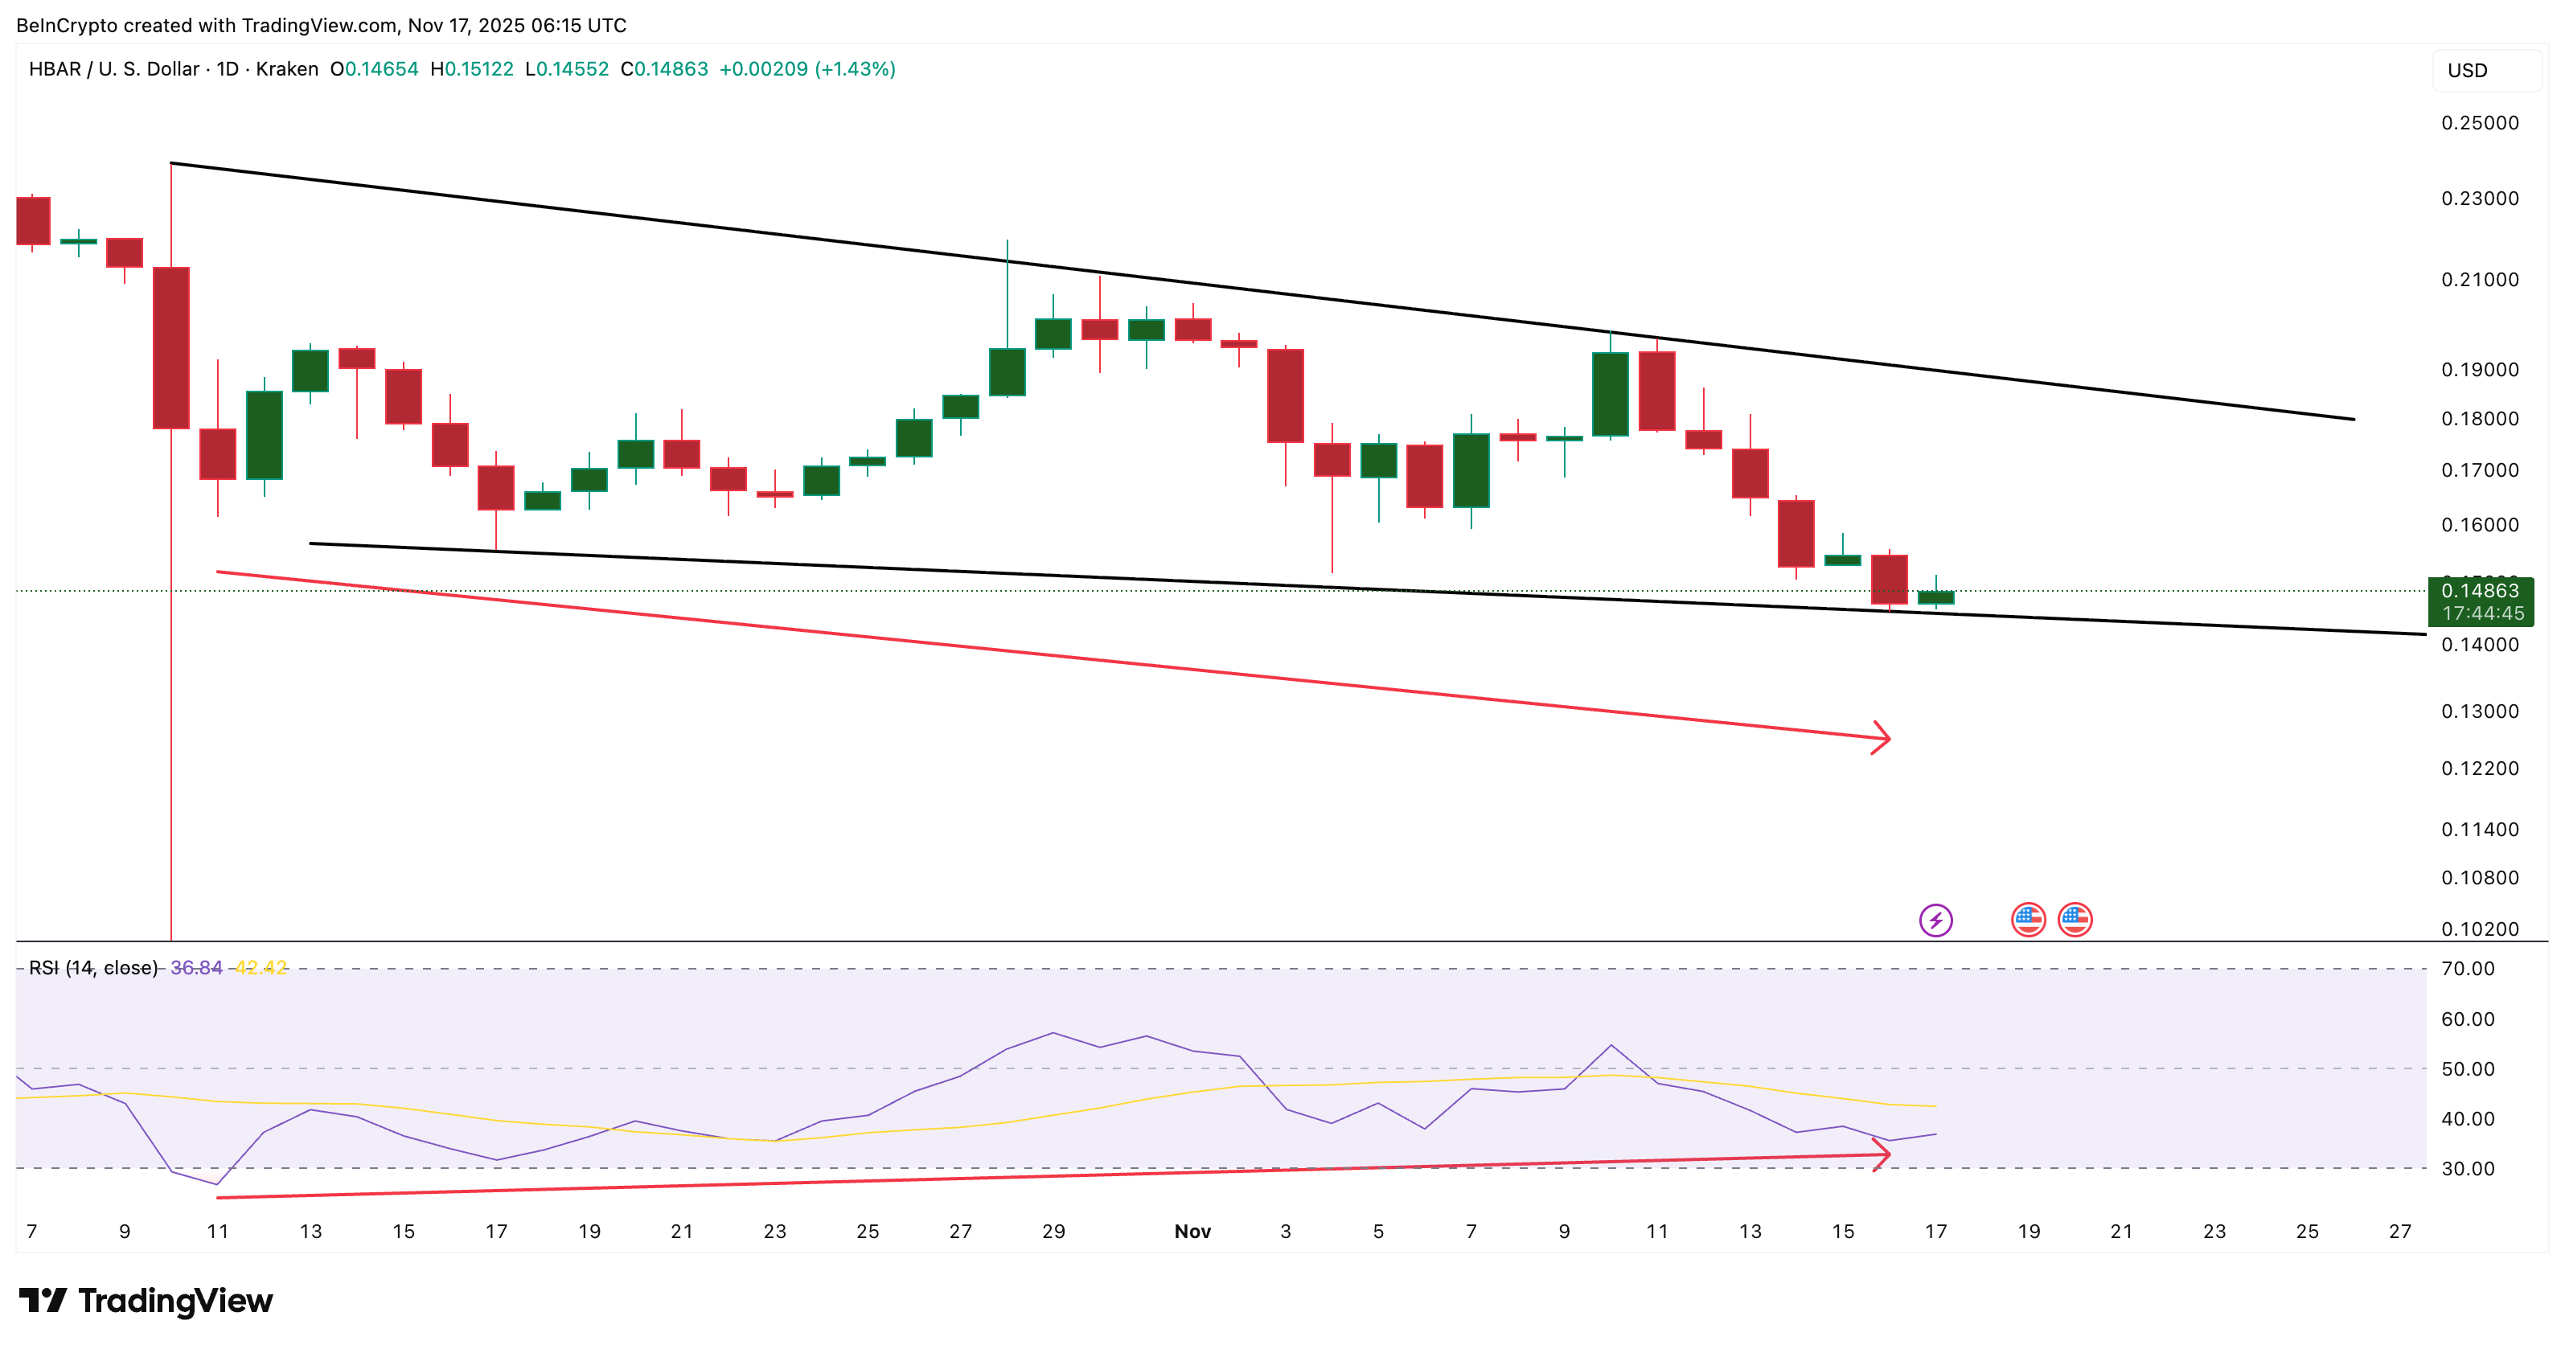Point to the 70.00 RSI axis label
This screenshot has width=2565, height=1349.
[2468, 968]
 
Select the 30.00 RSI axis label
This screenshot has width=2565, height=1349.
[2468, 1168]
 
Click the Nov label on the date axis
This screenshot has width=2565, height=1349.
[1192, 1232]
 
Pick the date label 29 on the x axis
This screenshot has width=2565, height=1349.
[1053, 1232]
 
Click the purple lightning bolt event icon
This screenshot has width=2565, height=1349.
[1935, 919]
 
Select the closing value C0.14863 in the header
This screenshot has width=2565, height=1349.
[664, 68]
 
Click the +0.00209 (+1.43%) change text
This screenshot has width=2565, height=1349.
[806, 68]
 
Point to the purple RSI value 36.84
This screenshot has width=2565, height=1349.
[196, 968]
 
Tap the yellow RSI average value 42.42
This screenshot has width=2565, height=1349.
[261, 968]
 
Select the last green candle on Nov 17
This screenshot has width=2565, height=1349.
[1935, 597]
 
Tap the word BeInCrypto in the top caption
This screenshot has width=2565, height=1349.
[67, 25]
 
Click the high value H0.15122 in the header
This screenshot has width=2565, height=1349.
[471, 68]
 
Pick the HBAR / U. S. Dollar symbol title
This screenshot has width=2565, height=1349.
[113, 68]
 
